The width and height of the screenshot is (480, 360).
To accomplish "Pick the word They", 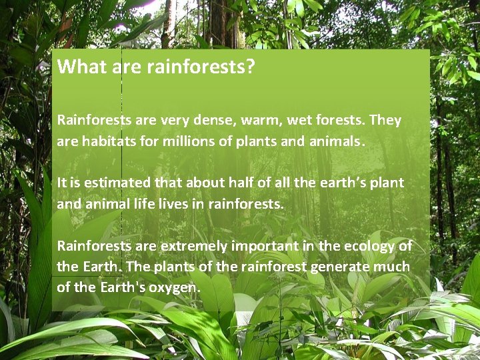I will (x=385, y=121).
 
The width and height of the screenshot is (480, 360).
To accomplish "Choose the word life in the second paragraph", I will (x=143, y=204).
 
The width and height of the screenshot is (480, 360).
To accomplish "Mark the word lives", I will (x=173, y=204).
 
